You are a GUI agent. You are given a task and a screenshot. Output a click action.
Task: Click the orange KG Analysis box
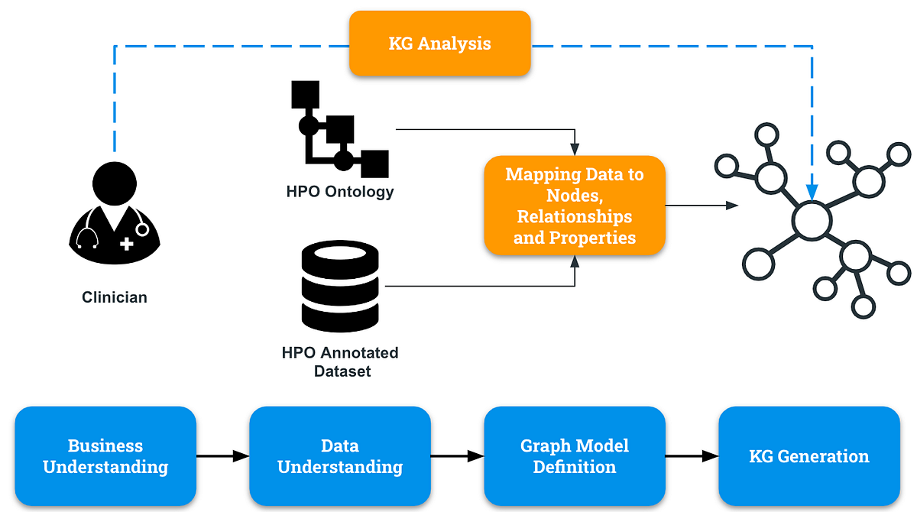click(439, 43)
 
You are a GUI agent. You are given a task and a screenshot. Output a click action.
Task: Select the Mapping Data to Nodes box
click(575, 206)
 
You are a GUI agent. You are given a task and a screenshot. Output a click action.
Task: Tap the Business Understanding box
click(105, 456)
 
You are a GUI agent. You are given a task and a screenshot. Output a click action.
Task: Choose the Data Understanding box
click(339, 456)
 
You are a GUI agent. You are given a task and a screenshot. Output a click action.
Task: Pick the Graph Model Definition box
click(575, 456)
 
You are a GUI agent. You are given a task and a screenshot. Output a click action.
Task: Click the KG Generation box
click(809, 456)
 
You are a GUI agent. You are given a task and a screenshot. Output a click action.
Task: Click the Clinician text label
click(115, 297)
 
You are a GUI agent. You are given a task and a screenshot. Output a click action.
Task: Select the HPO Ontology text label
click(340, 191)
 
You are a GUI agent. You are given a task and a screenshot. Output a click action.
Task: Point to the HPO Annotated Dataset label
click(340, 361)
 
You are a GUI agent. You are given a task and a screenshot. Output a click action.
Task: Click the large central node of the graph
click(811, 221)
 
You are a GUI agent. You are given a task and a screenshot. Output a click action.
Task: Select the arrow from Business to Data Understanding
click(222, 456)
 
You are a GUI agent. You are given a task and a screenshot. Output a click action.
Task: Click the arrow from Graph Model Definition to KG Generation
click(692, 456)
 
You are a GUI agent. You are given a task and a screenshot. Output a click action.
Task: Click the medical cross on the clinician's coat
click(126, 244)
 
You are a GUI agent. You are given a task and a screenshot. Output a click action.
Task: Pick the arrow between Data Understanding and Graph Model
click(457, 456)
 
